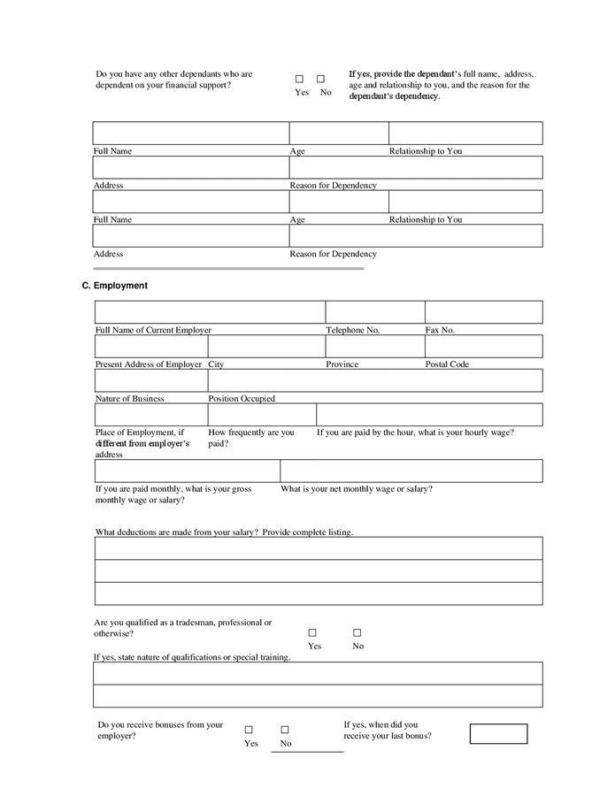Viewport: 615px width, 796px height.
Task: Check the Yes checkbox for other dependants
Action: (x=299, y=79)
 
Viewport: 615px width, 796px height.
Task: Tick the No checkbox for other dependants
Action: (x=320, y=79)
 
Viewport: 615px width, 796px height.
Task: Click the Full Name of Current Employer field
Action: (x=210, y=312)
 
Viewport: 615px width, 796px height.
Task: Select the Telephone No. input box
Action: (x=374, y=312)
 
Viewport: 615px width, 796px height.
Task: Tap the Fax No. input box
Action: (x=483, y=312)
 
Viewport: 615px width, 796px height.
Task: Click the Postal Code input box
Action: (x=483, y=346)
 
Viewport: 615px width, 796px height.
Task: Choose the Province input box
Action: (x=374, y=346)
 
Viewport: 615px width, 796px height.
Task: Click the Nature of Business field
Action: (x=150, y=380)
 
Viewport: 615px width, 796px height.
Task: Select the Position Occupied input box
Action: (x=374, y=380)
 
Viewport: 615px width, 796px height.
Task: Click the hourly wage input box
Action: (x=429, y=415)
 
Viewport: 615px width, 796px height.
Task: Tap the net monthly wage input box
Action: (x=411, y=471)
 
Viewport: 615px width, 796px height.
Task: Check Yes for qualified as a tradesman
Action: (x=312, y=632)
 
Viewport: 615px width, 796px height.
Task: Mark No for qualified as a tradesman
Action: (x=357, y=632)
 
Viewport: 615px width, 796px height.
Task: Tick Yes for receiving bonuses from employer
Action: (x=249, y=730)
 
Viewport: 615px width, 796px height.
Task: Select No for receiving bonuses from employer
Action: (x=285, y=730)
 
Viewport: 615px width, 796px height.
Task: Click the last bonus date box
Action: (x=498, y=733)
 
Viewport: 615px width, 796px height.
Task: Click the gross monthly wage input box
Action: (x=187, y=471)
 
